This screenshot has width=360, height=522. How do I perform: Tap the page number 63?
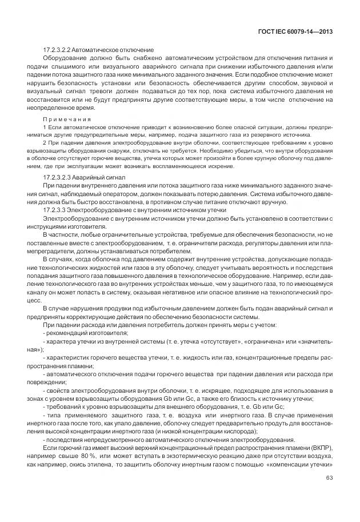pos(329,478)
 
